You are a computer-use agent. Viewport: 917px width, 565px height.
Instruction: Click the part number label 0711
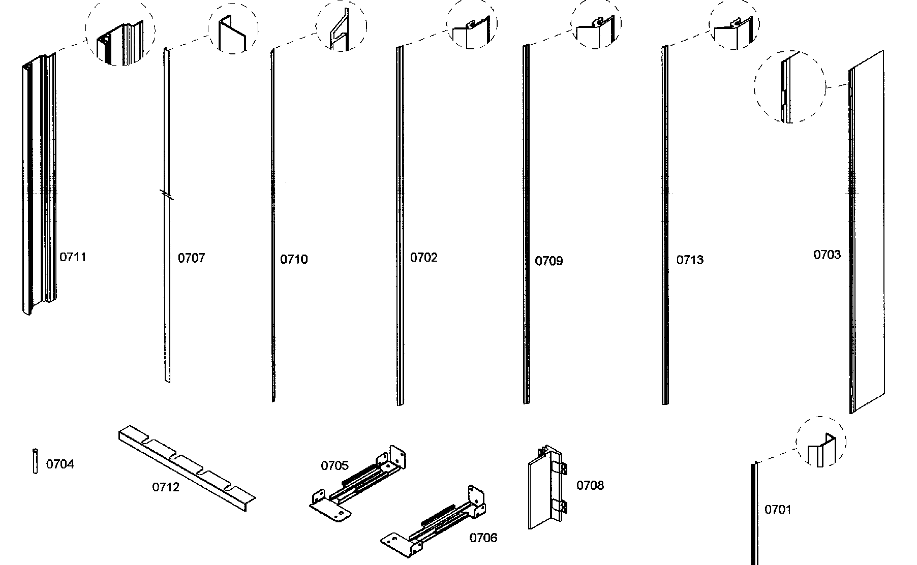[x=73, y=257]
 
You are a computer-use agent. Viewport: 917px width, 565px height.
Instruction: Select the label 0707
[x=191, y=258]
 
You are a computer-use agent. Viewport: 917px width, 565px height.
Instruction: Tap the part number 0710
[x=294, y=260]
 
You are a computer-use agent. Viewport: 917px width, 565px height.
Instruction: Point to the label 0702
[x=423, y=258]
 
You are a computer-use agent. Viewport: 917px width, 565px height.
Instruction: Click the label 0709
[x=549, y=261]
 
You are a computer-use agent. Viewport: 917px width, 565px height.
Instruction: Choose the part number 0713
[x=690, y=260]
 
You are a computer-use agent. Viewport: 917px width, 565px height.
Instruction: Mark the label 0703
[x=827, y=255]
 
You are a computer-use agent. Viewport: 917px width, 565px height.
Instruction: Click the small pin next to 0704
[x=35, y=461]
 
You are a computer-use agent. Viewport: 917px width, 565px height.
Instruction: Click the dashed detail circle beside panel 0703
[x=789, y=87]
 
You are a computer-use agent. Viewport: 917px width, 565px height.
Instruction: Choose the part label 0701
[x=778, y=510]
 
